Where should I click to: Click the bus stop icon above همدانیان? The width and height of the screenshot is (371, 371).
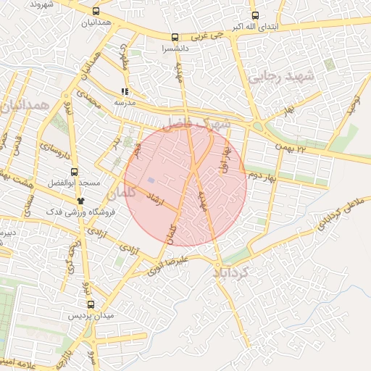pyautogui.click(x=96, y=12)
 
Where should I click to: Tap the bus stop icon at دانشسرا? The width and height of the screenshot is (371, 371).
pyautogui.click(x=174, y=37)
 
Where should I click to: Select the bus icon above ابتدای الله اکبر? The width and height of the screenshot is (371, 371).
pyautogui.click(x=254, y=15)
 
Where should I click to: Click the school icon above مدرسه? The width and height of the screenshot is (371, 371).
pyautogui.click(x=125, y=92)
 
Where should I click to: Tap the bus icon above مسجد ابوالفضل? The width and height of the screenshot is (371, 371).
pyautogui.click(x=74, y=172)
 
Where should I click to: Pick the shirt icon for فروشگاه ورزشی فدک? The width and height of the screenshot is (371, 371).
pyautogui.click(x=81, y=200)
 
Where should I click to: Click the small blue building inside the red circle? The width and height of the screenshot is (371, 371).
pyautogui.click(x=151, y=180)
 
